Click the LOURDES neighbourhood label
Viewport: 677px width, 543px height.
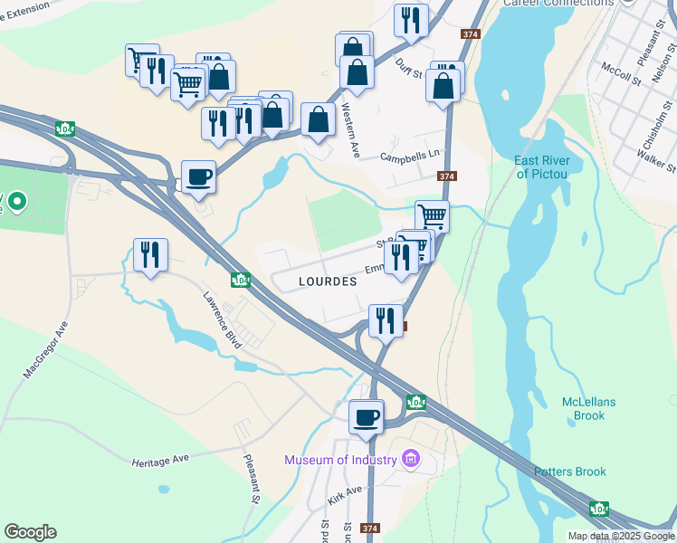tap(328, 281)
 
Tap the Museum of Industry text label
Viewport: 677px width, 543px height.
tap(341, 460)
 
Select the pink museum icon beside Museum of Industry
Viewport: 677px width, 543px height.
tap(411, 460)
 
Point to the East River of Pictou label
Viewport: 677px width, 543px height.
tap(541, 167)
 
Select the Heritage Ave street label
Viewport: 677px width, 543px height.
tap(160, 460)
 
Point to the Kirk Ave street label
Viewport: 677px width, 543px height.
tap(345, 494)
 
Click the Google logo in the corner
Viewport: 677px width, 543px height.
tap(30, 532)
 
